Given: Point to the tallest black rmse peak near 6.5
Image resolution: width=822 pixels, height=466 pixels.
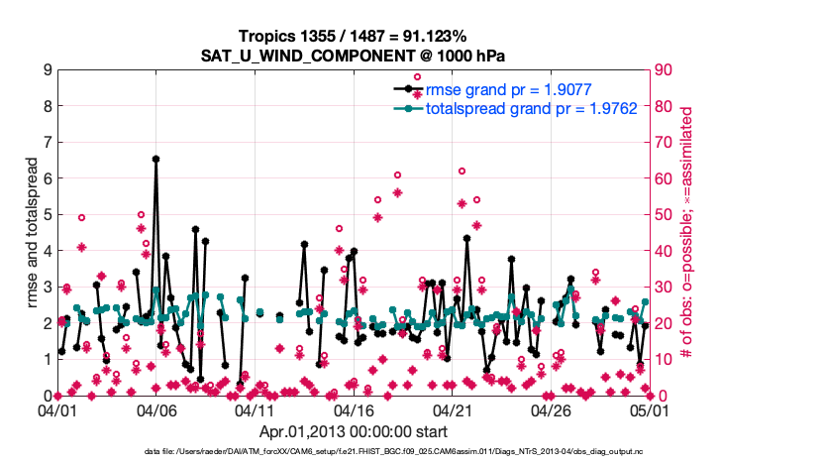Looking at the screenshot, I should (155, 159).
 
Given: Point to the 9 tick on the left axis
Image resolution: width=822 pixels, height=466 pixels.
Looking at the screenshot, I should (47, 70).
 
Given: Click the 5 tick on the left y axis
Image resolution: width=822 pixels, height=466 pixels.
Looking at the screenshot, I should (47, 215).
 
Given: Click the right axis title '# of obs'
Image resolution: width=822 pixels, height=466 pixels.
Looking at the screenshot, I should (685, 233).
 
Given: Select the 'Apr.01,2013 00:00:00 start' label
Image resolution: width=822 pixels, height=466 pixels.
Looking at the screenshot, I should (353, 431).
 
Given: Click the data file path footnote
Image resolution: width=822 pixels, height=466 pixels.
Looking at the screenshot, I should (353, 452).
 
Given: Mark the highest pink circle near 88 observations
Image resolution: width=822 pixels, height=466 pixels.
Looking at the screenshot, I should (418, 76).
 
